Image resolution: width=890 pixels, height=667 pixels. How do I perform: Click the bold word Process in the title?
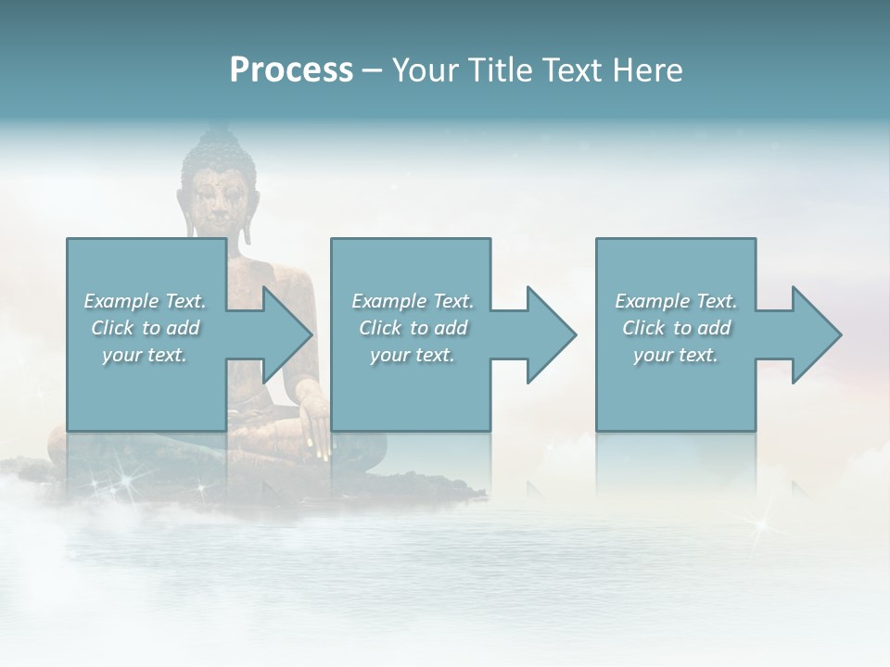(291, 70)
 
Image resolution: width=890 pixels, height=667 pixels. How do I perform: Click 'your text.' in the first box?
(145, 355)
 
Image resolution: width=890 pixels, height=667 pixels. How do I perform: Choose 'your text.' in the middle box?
(413, 355)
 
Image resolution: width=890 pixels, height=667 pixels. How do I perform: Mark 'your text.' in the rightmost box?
(676, 355)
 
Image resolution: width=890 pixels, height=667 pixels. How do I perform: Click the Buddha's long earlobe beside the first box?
(246, 227)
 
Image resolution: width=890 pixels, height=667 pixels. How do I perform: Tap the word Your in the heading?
(422, 70)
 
